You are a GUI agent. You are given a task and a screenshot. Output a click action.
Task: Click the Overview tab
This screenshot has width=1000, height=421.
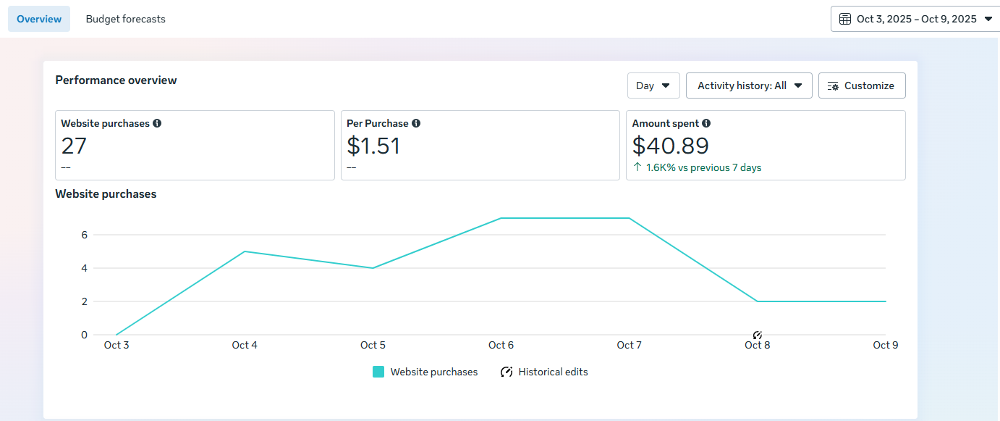coord(39,19)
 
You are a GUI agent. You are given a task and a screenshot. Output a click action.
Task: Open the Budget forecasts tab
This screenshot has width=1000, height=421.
coord(125,19)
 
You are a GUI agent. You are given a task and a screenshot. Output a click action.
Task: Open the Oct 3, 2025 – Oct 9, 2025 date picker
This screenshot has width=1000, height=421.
coord(915,19)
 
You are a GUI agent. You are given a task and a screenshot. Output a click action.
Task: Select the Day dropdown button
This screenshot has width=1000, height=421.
coord(653,86)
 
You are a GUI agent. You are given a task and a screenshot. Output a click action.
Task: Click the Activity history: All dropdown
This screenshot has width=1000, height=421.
coord(749,86)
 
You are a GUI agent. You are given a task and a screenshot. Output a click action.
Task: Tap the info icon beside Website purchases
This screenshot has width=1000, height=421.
coord(157,123)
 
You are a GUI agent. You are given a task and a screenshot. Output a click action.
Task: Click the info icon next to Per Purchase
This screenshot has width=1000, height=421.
coord(416,123)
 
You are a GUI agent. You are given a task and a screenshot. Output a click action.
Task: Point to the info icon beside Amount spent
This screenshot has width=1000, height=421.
coord(706,123)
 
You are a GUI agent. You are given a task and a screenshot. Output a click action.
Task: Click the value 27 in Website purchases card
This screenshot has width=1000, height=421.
coord(74,146)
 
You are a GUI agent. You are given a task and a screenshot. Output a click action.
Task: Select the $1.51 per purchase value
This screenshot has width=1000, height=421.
coord(373,146)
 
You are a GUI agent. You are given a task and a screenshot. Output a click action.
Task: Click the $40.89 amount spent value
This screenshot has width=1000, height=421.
coord(671,146)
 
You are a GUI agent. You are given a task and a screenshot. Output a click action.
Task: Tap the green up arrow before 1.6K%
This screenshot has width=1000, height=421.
coord(637,167)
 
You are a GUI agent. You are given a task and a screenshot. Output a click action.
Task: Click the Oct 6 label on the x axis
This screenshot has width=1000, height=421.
coord(501,345)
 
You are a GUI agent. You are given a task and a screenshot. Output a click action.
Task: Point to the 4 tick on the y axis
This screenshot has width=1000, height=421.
coord(85,268)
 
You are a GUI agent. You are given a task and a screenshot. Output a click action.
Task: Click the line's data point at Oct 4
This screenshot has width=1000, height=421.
coord(245,251)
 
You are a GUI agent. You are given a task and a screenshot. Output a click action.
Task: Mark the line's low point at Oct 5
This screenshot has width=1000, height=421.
coord(373,268)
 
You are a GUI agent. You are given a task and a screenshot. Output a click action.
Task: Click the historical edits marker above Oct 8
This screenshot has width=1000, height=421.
coord(757,335)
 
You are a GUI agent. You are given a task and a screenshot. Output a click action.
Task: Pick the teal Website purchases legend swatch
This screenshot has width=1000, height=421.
coord(378,372)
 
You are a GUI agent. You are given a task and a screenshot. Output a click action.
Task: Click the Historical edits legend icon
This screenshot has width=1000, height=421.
coord(507,372)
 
